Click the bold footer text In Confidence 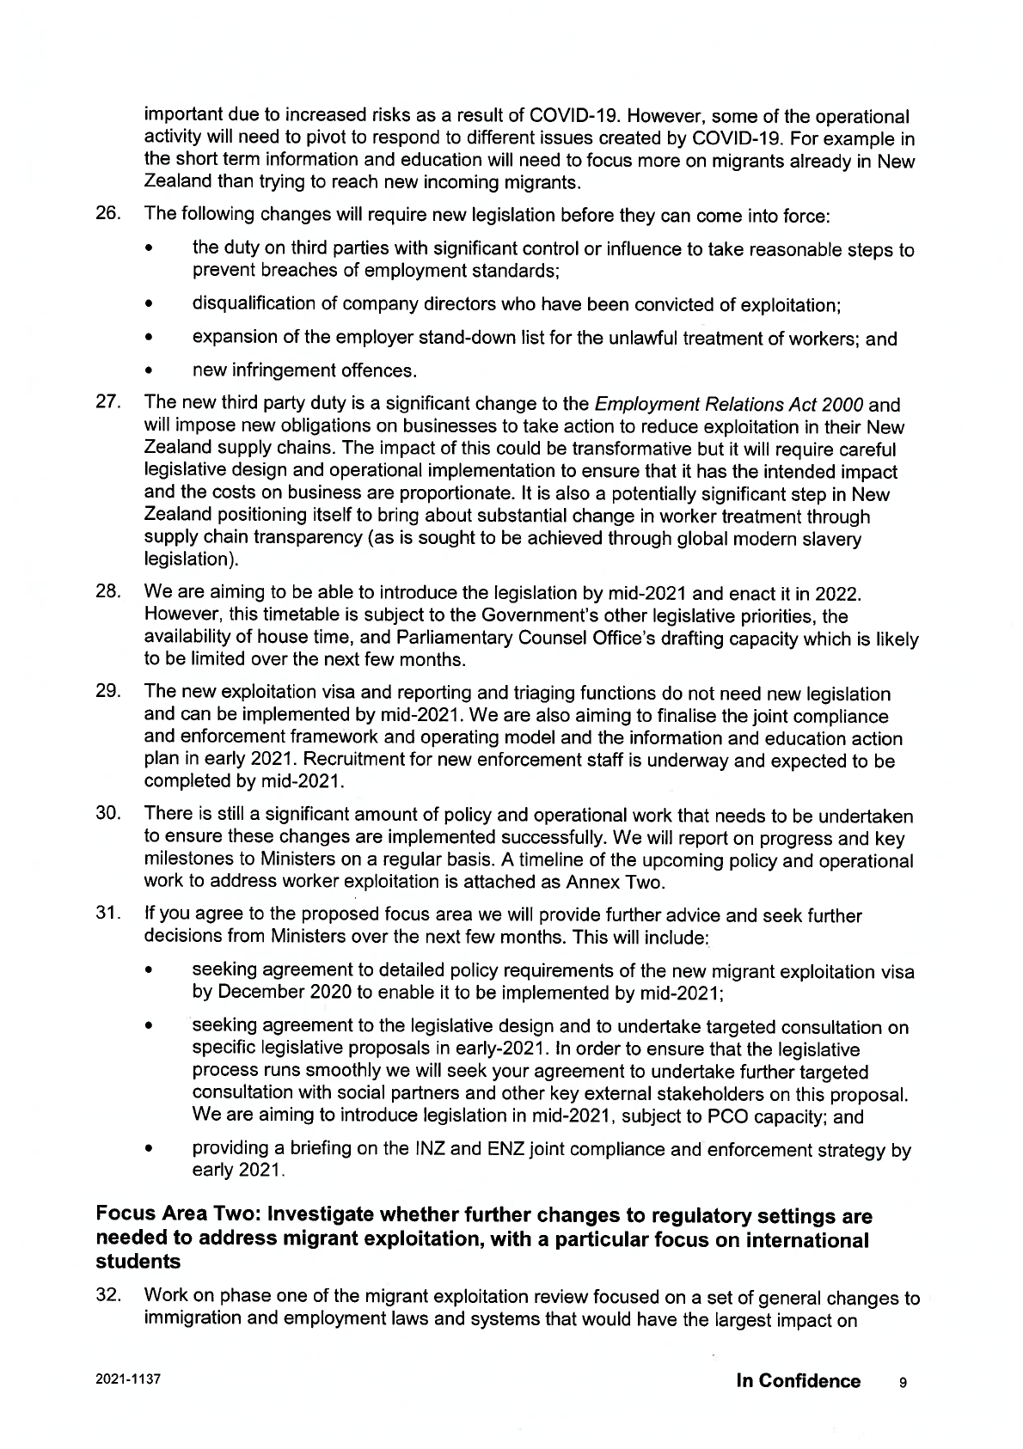point(798,1381)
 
